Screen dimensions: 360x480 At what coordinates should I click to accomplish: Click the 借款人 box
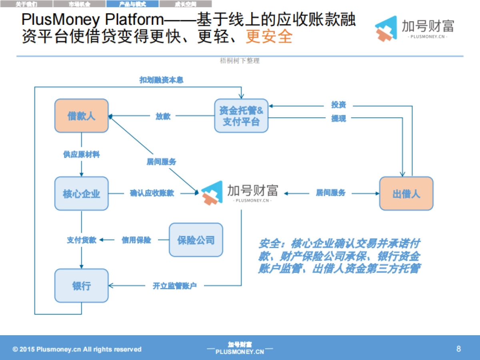pyautogui.click(x=82, y=116)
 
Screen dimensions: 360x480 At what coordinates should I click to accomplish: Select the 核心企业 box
pyautogui.click(x=82, y=194)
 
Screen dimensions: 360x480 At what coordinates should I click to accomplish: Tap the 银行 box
pyautogui.click(x=82, y=286)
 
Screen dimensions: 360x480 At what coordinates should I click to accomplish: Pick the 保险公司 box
pyautogui.click(x=196, y=240)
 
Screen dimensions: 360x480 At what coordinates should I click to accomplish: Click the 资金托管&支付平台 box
pyautogui.click(x=241, y=116)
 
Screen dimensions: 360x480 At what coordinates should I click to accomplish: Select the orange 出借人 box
pyautogui.click(x=406, y=194)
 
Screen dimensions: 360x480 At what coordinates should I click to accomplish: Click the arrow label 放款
pyautogui.click(x=163, y=116)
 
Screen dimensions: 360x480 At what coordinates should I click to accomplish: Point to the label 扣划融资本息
pyautogui.click(x=161, y=80)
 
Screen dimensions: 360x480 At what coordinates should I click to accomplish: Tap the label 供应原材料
pyautogui.click(x=81, y=154)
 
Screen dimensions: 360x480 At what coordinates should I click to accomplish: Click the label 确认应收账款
pyautogui.click(x=152, y=193)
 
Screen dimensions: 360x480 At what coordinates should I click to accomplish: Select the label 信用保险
pyautogui.click(x=136, y=240)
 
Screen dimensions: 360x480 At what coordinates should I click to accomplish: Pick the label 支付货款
pyautogui.click(x=81, y=240)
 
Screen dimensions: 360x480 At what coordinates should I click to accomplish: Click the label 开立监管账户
pyautogui.click(x=175, y=286)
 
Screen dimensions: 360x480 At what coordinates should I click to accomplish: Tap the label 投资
pyautogui.click(x=338, y=105)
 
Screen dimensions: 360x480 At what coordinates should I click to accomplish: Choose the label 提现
pyautogui.click(x=338, y=118)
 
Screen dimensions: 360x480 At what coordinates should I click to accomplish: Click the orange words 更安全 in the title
pyautogui.click(x=269, y=36)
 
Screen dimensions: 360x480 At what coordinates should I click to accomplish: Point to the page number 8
pyautogui.click(x=458, y=349)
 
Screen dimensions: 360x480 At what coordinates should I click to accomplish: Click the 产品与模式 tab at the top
pyautogui.click(x=132, y=4)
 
